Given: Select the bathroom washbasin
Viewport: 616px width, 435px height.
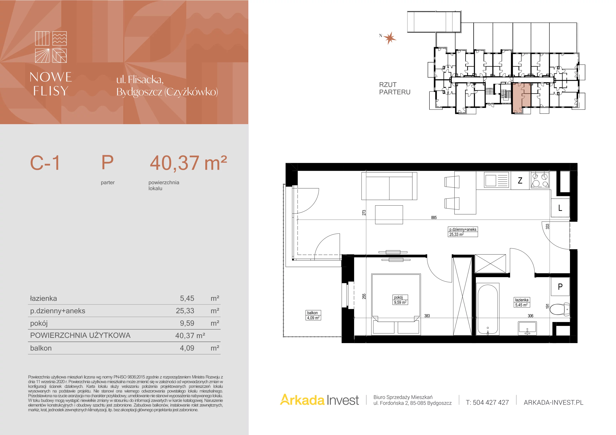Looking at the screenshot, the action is pyautogui.click(x=527, y=328).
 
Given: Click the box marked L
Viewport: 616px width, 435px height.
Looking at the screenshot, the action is pyautogui.click(x=560, y=208).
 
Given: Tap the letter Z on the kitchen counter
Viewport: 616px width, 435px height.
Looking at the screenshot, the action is pyautogui.click(x=520, y=180).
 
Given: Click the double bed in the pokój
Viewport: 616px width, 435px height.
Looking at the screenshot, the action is pyautogui.click(x=396, y=304).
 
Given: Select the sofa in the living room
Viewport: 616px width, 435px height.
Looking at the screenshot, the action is pyautogui.click(x=389, y=186).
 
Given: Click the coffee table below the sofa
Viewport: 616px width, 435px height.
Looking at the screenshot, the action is pyautogui.click(x=389, y=215).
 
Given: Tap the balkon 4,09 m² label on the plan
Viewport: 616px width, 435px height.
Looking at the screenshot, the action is pyautogui.click(x=313, y=315).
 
